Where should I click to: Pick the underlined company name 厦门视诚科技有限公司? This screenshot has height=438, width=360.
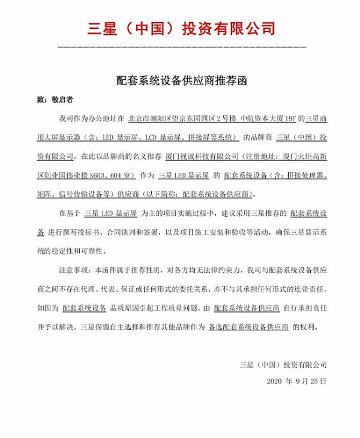pyautogui.click(x=200, y=157)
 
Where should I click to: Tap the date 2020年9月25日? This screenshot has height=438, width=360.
pyautogui.click(x=296, y=381)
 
